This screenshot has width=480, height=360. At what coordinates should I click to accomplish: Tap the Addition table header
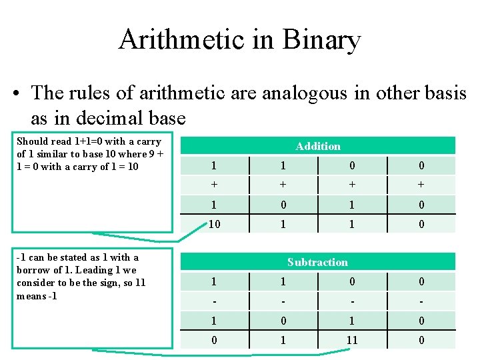[x=318, y=146]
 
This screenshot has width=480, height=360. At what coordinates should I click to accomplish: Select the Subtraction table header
[x=317, y=262]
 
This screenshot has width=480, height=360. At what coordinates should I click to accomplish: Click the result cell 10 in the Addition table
[x=215, y=225]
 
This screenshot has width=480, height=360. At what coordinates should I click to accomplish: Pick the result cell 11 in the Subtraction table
[x=352, y=340]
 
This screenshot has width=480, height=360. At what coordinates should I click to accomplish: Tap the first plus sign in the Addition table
[x=213, y=185]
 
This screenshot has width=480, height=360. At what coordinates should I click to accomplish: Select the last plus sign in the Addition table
[x=421, y=185]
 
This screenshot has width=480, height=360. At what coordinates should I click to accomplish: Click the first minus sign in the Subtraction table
[x=213, y=301]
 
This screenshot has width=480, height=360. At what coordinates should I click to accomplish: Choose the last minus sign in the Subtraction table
[x=421, y=301]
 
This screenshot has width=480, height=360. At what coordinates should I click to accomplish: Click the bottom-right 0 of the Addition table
[x=421, y=225]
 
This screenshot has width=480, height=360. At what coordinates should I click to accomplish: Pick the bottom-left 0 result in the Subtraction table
[x=213, y=340]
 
